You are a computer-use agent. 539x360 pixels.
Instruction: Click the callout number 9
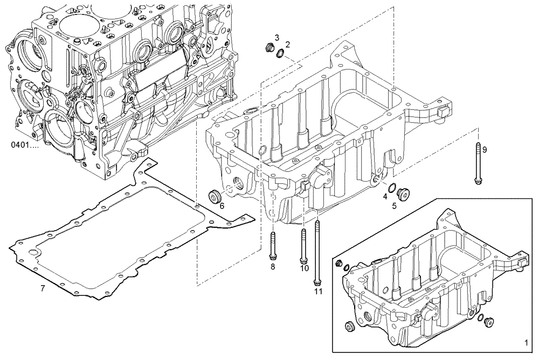[x=484, y=150]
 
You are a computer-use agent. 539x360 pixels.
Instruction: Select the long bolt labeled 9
[x=478, y=164]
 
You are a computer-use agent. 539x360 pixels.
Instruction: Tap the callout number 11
[x=318, y=292]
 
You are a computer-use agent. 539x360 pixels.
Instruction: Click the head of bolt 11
[x=317, y=281]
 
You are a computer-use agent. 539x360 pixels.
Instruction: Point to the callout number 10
[x=304, y=268]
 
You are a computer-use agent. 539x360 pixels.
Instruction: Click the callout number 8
[x=273, y=266]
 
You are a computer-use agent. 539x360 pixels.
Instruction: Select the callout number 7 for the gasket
[x=43, y=288]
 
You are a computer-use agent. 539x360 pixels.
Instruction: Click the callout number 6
[x=222, y=206]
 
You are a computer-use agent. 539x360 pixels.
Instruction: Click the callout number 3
[x=277, y=37]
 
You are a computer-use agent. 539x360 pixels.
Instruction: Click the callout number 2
[x=287, y=44]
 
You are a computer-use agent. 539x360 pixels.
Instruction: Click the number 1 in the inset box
[x=526, y=342]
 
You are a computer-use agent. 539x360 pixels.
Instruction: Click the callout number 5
[x=394, y=205]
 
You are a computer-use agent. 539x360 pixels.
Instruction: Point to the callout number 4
[x=385, y=197]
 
